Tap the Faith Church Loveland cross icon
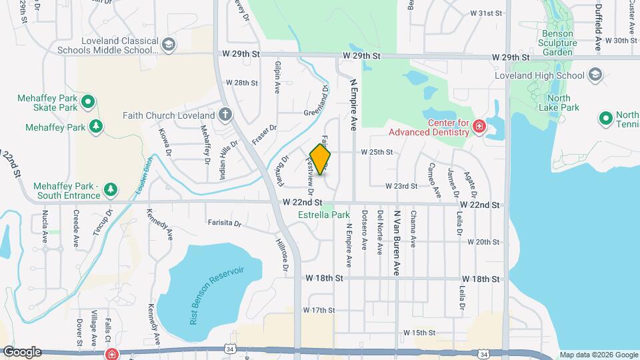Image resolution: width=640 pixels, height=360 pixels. (225, 114)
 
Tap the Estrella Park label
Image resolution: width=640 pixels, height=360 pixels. (323, 215)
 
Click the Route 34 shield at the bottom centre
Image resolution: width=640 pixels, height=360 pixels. (230, 348)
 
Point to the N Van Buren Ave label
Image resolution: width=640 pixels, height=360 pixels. (397, 241)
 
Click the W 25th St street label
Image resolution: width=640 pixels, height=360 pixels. (377, 152)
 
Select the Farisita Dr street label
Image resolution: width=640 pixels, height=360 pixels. (224, 223)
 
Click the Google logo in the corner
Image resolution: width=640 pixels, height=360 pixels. (22, 351)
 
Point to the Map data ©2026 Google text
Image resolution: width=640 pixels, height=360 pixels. (598, 355)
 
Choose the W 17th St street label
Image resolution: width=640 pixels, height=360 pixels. (318, 310)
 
